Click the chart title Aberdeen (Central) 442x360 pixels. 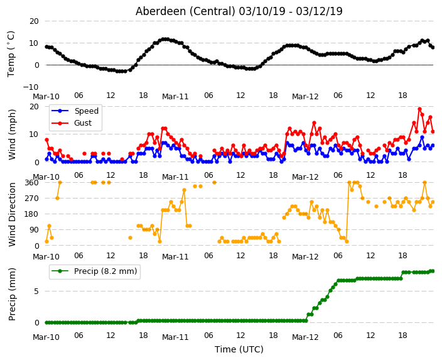[x=185, y=11]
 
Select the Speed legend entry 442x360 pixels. [x=86, y=111]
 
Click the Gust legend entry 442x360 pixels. [x=83, y=123]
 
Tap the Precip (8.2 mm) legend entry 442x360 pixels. [x=105, y=271]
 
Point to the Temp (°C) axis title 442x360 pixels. [x=11, y=54]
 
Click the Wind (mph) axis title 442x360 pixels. [x=11, y=134]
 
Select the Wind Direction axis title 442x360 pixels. [x=12, y=215]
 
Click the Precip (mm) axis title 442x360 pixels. [x=11, y=294]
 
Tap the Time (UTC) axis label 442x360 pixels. [x=239, y=349]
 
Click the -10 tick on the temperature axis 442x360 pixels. [x=31, y=87]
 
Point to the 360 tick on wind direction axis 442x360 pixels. [x=32, y=183]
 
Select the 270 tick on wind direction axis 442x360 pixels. [x=32, y=199]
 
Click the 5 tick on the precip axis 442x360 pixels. [x=36, y=291]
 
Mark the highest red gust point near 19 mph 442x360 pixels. [x=419, y=109]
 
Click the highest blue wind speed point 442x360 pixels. [x=422, y=138]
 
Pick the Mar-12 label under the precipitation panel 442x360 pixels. [x=305, y=337]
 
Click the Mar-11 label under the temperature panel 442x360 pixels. [x=175, y=97]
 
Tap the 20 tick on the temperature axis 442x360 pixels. [x=34, y=21]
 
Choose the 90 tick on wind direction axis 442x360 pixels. [x=34, y=230]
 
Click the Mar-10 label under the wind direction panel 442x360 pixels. [x=46, y=257]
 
